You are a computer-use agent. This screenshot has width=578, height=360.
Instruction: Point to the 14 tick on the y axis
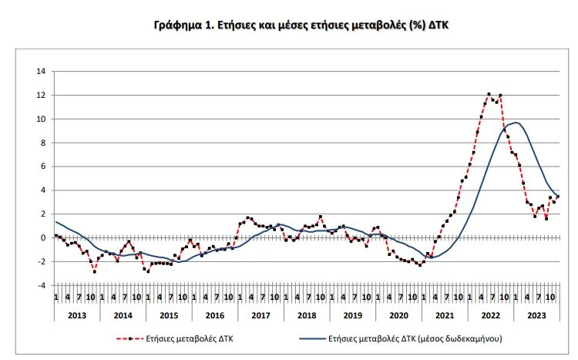[41, 72]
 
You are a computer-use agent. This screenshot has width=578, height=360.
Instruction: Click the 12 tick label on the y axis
[41, 96]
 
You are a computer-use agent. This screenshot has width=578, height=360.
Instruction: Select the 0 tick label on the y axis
[43, 237]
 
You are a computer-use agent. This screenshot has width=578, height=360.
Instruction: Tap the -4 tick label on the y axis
[42, 285]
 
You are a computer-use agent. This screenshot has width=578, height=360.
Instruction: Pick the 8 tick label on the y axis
[43, 143]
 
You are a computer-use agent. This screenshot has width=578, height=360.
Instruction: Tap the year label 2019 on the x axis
[352, 315]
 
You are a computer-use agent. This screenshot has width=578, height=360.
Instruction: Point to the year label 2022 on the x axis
[491, 315]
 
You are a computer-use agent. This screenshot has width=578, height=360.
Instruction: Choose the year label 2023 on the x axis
[537, 315]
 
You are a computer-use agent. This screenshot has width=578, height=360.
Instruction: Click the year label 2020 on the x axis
[398, 315]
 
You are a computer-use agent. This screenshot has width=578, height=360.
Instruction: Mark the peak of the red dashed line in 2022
[489, 94]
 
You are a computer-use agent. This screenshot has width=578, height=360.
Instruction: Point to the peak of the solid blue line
[515, 123]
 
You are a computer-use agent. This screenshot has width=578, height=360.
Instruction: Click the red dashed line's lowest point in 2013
[95, 271]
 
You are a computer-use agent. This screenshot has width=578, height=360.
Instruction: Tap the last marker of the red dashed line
[558, 197]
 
